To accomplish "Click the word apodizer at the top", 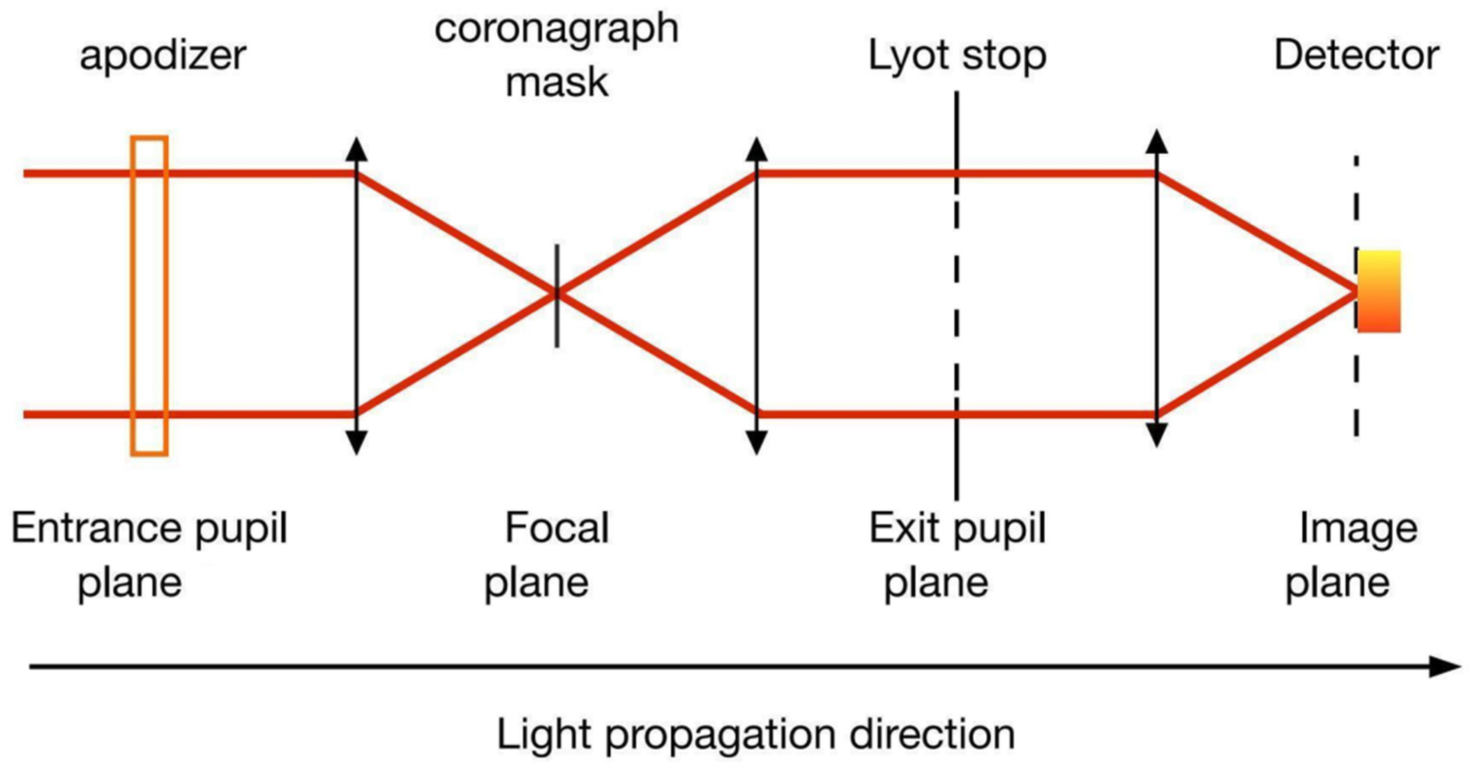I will click(163, 56).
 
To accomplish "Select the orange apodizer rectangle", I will click(149, 296).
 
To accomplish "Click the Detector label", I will click(1357, 56).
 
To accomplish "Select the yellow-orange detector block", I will click(1379, 291).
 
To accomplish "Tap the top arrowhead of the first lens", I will click(357, 149).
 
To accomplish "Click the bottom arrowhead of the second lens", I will click(756, 442).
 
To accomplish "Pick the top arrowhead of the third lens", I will click(1156, 142).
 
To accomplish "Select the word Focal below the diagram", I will click(557, 528).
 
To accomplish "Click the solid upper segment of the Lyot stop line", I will click(957, 131).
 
